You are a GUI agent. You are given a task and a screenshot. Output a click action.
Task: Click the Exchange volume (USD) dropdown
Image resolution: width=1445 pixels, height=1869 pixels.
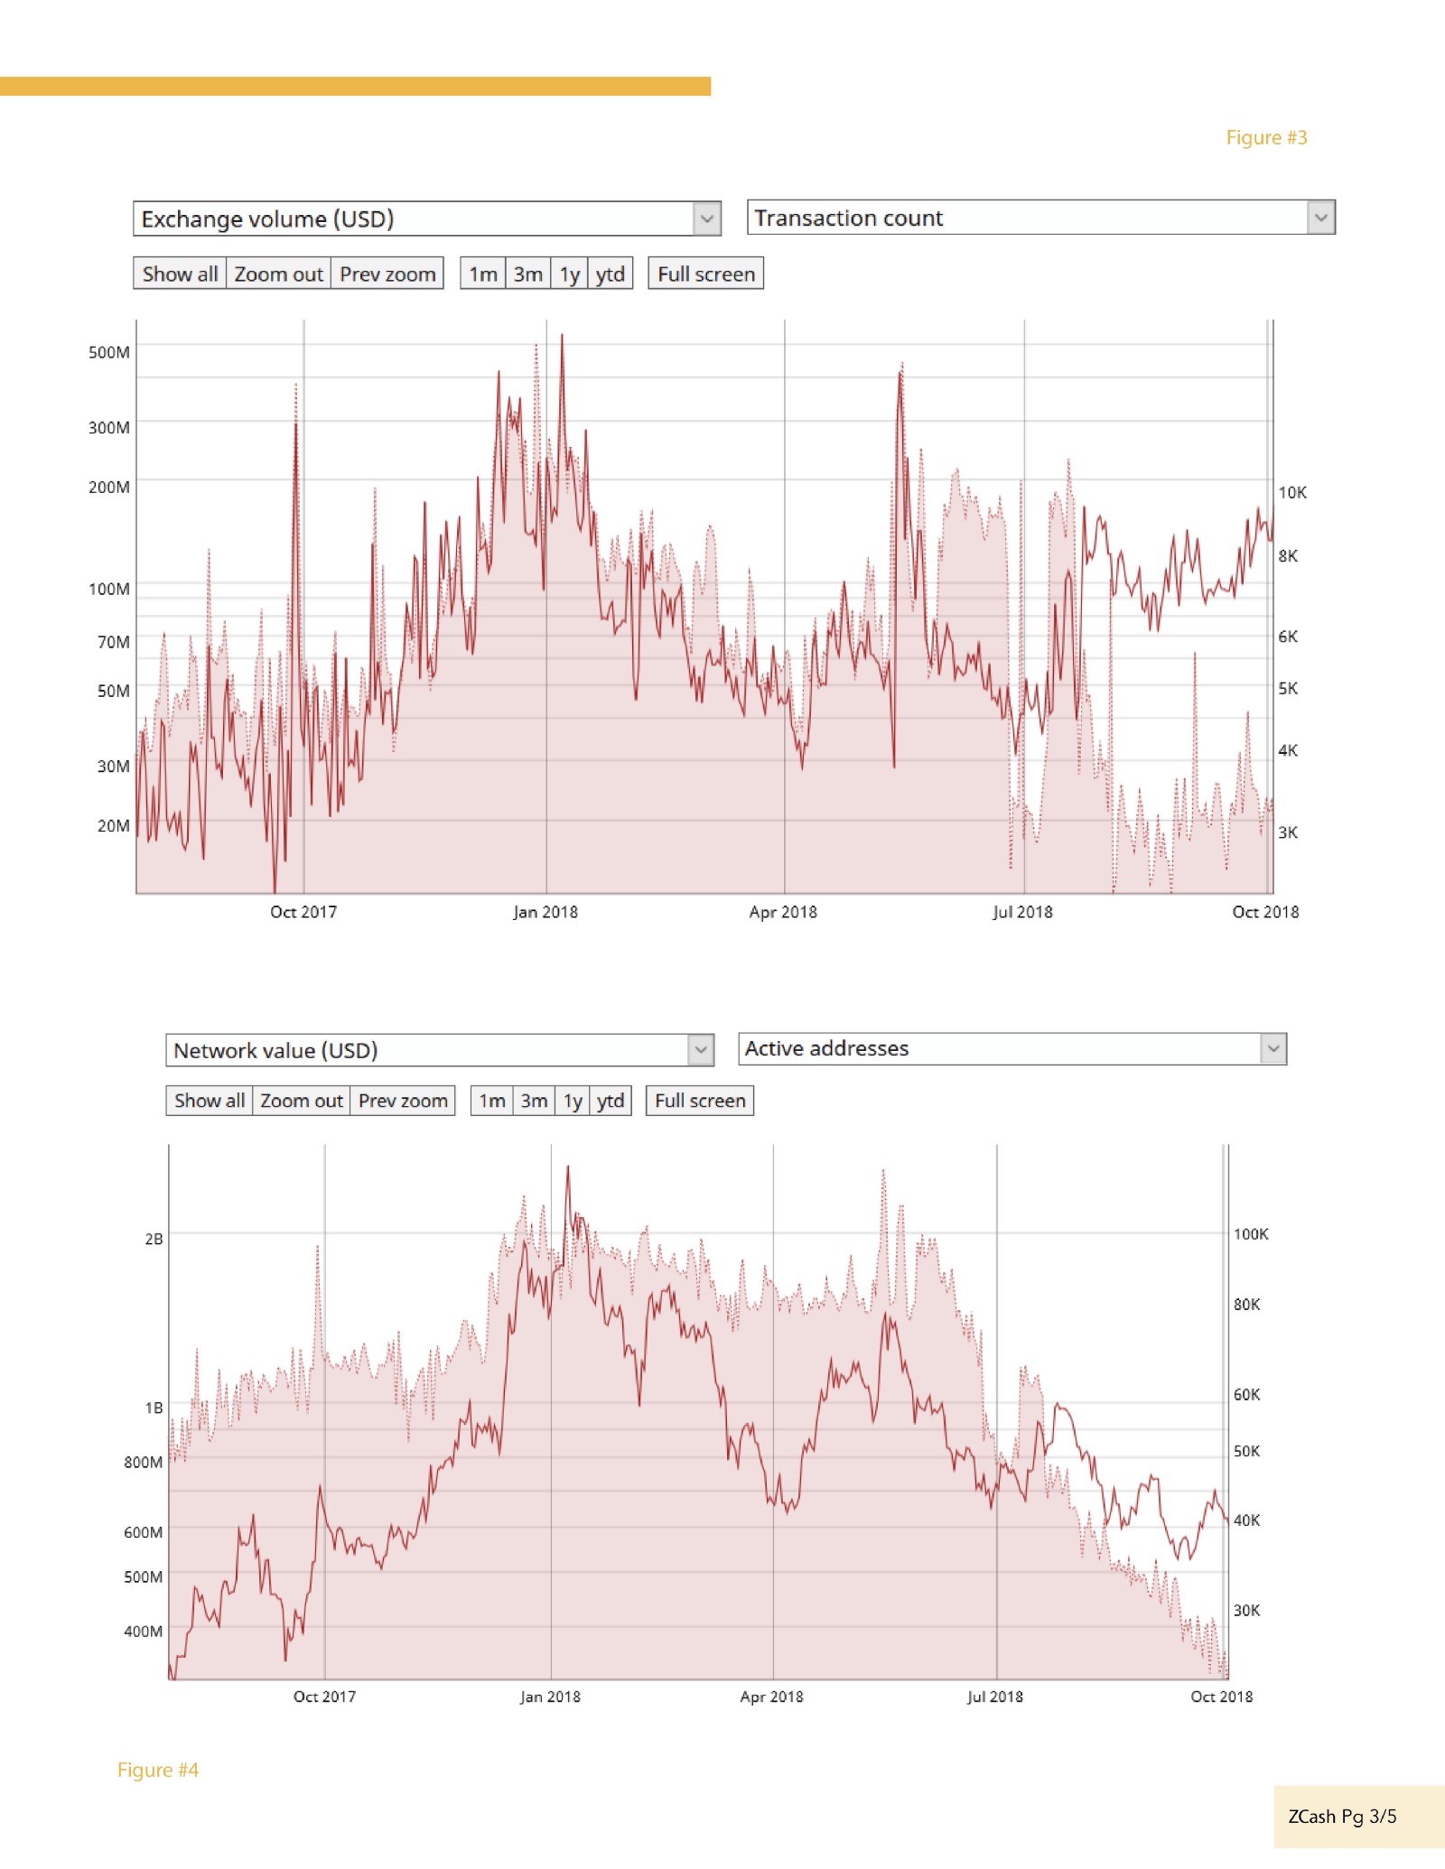(426, 219)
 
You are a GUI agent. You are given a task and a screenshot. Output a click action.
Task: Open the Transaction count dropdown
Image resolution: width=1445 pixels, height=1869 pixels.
(1040, 218)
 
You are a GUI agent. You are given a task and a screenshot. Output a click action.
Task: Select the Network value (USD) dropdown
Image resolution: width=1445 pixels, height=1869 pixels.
(439, 1050)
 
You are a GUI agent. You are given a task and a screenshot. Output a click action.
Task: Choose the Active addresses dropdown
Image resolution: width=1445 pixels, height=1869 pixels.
(1011, 1048)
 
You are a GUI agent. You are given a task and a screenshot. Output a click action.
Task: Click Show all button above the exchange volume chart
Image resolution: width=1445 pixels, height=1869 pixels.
(180, 274)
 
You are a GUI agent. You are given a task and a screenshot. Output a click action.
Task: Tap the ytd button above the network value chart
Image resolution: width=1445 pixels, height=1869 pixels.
(611, 1101)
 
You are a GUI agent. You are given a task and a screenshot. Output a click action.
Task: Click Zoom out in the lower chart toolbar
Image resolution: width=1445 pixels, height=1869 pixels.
(301, 1101)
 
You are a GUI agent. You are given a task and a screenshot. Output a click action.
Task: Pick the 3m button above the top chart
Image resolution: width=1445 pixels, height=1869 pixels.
(528, 274)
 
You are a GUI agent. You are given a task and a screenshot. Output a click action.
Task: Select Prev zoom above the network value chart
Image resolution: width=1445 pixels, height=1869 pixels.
(403, 1101)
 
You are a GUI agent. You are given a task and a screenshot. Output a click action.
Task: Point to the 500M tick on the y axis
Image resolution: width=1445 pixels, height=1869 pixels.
(109, 352)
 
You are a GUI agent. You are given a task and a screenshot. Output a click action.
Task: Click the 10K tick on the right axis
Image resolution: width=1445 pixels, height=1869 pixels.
(1291, 492)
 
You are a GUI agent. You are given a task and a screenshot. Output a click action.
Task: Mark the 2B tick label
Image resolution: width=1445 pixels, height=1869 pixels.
(154, 1239)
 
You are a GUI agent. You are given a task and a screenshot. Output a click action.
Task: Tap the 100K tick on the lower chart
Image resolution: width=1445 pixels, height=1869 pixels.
(1251, 1234)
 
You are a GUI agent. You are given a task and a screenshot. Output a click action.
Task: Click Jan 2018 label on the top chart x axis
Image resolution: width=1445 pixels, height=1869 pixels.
(545, 912)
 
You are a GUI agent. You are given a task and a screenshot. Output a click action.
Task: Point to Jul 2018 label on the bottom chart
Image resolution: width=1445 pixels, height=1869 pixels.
(994, 1697)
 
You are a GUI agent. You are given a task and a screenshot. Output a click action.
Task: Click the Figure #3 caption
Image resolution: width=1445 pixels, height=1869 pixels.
(1266, 138)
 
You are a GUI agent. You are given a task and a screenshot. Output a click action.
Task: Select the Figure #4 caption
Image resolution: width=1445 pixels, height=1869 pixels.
(158, 1770)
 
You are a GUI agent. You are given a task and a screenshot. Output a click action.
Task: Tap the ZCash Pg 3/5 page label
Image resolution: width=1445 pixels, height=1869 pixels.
(1342, 1817)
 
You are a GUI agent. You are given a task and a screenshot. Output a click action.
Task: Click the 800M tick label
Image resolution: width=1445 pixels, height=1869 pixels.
(144, 1462)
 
